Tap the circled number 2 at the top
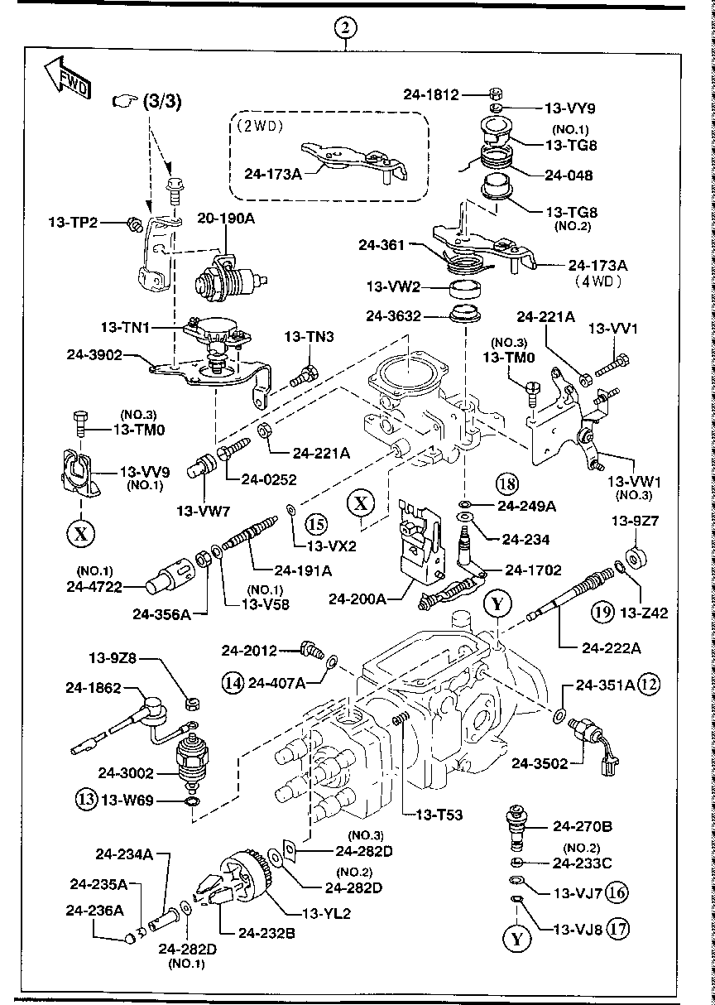pyautogui.click(x=346, y=27)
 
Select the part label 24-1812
pyautogui.click(x=430, y=95)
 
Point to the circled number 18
pyautogui.click(x=506, y=483)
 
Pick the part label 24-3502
pyautogui.click(x=539, y=763)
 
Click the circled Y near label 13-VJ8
pyautogui.click(x=516, y=938)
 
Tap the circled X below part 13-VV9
pyautogui.click(x=80, y=533)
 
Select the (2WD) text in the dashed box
pyautogui.click(x=259, y=127)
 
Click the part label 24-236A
pyautogui.click(x=95, y=911)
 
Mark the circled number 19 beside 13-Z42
pyautogui.click(x=601, y=613)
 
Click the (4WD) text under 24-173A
pyautogui.click(x=597, y=281)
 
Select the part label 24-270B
pyautogui.click(x=583, y=826)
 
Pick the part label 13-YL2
pyautogui.click(x=328, y=914)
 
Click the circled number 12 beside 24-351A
pyautogui.click(x=650, y=685)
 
